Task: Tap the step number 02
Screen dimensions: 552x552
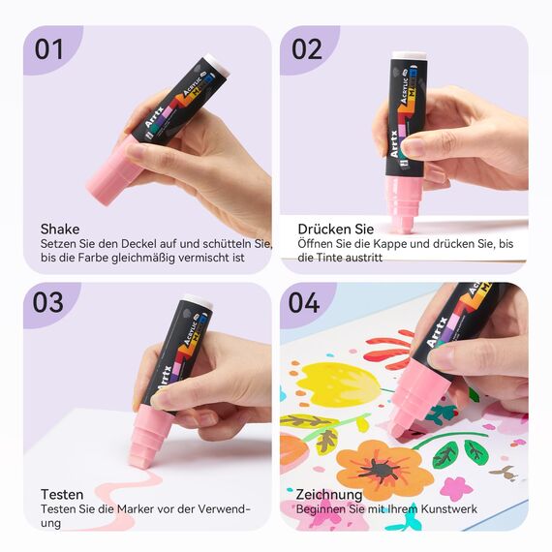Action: pos(307,49)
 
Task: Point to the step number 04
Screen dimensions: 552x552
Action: pos(304,302)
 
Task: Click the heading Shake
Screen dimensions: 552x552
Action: pos(60,230)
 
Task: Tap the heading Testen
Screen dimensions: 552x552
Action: pos(62,494)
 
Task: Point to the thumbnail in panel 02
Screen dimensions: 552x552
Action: pos(414,146)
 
